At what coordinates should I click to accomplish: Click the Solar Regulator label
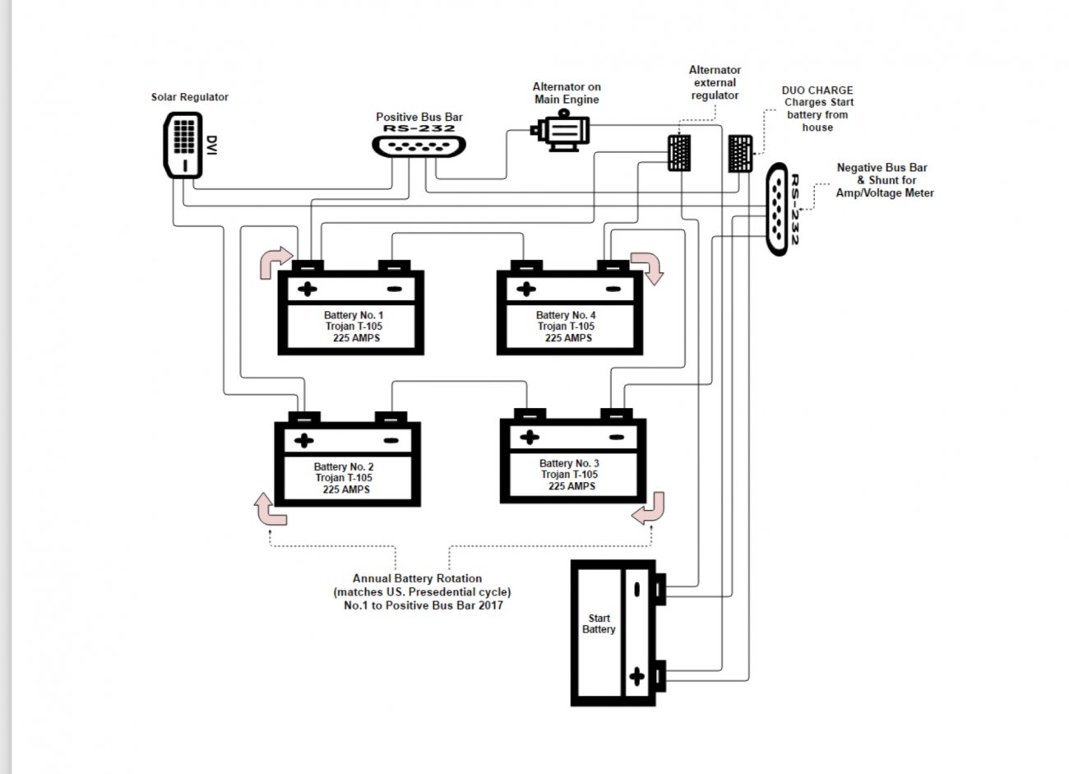(x=189, y=97)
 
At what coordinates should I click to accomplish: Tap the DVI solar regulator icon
(x=183, y=145)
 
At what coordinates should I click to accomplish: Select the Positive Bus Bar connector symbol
(x=419, y=146)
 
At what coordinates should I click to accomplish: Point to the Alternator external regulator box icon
(x=679, y=153)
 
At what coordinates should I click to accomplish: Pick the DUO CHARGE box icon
(x=740, y=153)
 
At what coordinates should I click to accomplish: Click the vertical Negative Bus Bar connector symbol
(x=777, y=209)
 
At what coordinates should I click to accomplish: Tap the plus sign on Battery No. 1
(x=308, y=289)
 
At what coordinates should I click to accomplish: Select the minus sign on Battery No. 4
(x=613, y=289)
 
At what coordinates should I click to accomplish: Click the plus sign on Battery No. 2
(x=304, y=440)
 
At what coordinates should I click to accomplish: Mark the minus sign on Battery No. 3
(x=617, y=437)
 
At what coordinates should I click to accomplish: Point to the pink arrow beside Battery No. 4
(x=648, y=268)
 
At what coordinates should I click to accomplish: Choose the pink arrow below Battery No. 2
(x=270, y=509)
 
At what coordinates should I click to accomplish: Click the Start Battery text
(x=599, y=623)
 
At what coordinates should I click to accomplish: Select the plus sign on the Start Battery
(x=636, y=676)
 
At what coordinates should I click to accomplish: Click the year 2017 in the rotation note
(x=490, y=605)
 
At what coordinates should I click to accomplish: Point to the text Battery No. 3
(x=569, y=463)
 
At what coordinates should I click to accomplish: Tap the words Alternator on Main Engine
(x=567, y=93)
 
